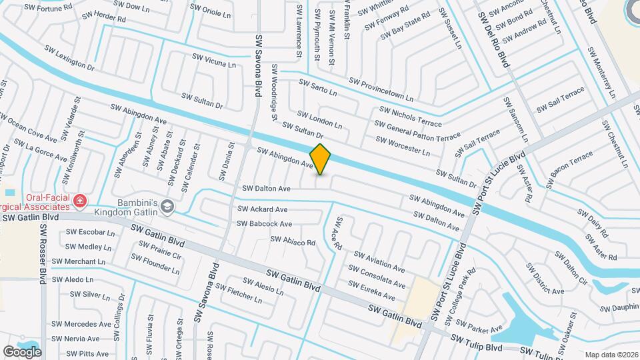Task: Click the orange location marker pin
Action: click(321, 159)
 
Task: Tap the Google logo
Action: click(22, 351)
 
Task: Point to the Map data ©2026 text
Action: click(611, 355)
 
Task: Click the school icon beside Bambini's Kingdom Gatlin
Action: click(167, 207)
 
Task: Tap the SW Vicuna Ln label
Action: click(213, 61)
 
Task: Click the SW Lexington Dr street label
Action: click(69, 57)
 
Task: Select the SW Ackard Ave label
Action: click(263, 209)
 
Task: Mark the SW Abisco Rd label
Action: click(293, 241)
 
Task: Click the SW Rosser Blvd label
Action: click(43, 253)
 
